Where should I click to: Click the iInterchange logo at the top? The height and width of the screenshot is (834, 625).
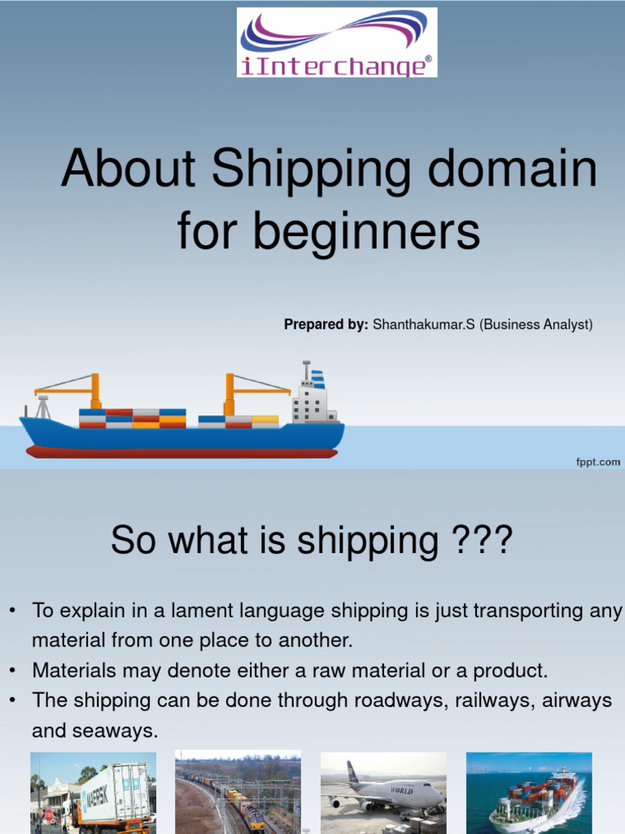[x=337, y=42]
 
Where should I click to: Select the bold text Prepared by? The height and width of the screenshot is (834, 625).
[x=326, y=325]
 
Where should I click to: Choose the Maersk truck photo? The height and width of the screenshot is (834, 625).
[x=93, y=792]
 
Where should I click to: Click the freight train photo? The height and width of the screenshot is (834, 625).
[x=238, y=792]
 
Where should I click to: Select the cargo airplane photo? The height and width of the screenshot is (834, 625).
[x=383, y=792]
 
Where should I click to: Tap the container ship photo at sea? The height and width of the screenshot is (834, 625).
[x=529, y=792]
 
